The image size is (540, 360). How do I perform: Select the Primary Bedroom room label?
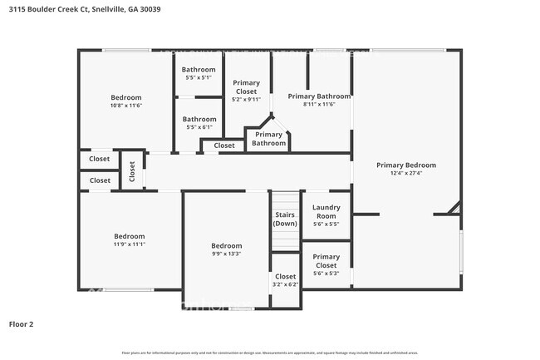[x=405, y=165]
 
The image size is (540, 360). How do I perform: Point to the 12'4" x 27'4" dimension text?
[x=405, y=174]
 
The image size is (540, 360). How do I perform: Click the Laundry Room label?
[x=326, y=211]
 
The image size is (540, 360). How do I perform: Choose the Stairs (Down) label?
[x=285, y=219]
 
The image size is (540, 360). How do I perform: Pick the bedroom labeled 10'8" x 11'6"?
[x=127, y=101]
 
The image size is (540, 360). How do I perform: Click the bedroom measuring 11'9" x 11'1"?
[x=129, y=239]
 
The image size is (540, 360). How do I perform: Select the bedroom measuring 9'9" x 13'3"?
[x=226, y=250]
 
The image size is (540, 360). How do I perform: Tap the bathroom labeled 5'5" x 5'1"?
[x=199, y=73]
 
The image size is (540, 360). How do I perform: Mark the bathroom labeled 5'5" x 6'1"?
[x=199, y=122]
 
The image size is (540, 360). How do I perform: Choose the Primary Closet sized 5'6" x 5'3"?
[x=326, y=261]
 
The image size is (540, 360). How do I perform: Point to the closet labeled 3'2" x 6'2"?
[x=285, y=280]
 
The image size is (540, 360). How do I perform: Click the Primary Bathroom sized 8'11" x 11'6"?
[x=312, y=100]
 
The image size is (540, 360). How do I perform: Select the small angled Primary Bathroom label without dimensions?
[x=268, y=139]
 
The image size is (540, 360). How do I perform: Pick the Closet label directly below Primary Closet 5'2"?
[x=224, y=145]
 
